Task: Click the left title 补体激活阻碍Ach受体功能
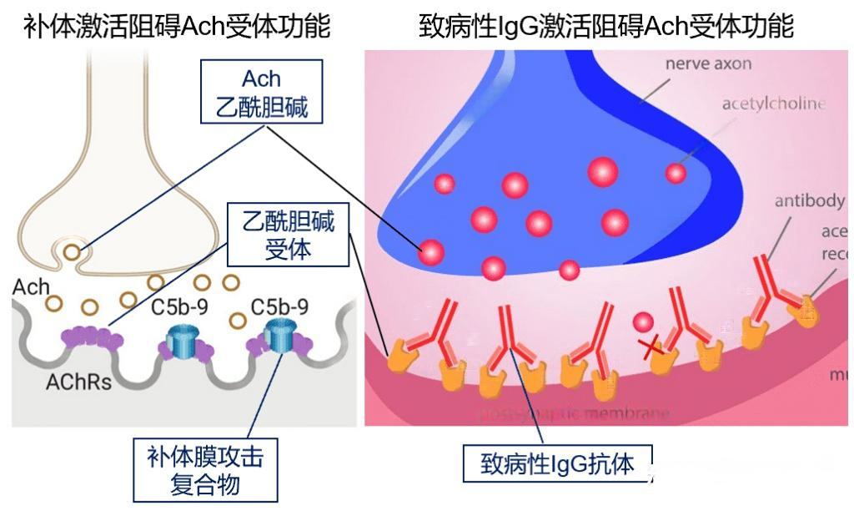[177, 28]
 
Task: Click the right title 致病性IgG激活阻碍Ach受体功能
[606, 28]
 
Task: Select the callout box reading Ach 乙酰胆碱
[261, 93]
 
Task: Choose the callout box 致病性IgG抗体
[557, 464]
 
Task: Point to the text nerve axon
[709, 64]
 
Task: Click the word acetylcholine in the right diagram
[773, 104]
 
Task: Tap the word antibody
[808, 201]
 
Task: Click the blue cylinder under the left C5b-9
[180, 343]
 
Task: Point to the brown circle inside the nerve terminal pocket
[73, 250]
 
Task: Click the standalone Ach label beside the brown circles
[31, 287]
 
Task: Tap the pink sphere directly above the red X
[643, 322]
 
